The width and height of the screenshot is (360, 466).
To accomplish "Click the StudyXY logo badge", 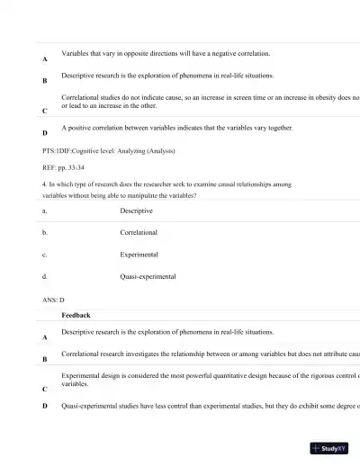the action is tap(328, 447).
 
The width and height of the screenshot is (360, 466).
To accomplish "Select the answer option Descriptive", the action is tap(136, 211).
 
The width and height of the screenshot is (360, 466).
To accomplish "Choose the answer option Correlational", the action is tap(139, 232).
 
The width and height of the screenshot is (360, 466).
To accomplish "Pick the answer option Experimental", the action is tap(139, 255).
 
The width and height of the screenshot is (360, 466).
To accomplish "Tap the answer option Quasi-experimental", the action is tap(148, 277).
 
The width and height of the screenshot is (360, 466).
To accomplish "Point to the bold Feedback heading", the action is tap(76, 316).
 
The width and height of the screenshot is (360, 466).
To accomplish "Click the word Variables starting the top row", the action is tap(76, 54).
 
